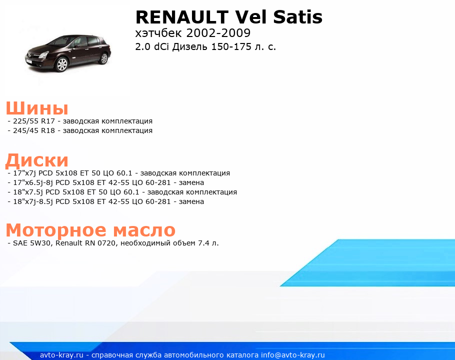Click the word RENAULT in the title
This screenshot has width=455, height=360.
coord(182,17)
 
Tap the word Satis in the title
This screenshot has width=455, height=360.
coord(297,17)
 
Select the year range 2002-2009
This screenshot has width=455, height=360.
coord(218,33)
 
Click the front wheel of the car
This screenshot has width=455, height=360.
coord(62,64)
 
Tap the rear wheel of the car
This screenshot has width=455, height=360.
coord(103,58)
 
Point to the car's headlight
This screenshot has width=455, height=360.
coord(43,54)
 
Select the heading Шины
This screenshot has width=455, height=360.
coord(37,108)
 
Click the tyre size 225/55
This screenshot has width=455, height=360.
coord(26,121)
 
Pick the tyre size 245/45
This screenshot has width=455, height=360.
coord(26,130)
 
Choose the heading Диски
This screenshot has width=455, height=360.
coord(37,160)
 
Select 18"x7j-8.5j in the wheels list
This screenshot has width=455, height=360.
coord(33,201)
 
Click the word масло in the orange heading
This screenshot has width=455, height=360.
coord(144,230)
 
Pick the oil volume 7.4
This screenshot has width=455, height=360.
coord(203,243)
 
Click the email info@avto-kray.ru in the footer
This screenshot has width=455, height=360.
coord(293,355)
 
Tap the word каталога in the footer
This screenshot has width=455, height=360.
coord(242,355)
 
